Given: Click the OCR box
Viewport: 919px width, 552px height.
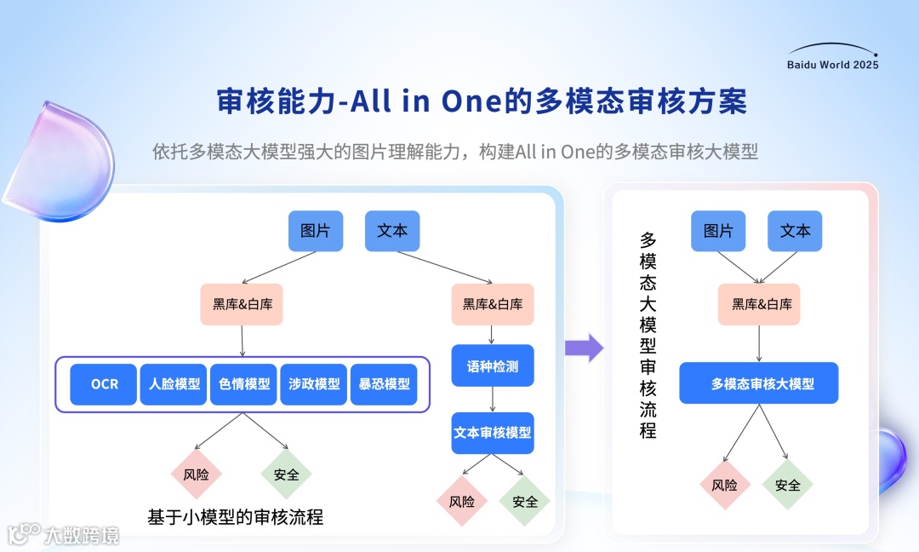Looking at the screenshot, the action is (105, 384).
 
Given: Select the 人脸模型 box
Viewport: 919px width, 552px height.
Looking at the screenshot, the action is (174, 384).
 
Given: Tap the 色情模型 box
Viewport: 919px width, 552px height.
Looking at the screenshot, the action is (244, 384).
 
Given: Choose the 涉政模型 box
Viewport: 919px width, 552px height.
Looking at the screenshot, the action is (314, 384).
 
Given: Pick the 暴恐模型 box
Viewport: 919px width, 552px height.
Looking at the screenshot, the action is (384, 384).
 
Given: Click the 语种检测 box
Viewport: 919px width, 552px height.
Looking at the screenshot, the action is (493, 366).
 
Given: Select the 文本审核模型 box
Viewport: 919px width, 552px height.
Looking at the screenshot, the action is (493, 433).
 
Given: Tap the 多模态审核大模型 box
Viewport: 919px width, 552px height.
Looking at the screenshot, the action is (759, 383).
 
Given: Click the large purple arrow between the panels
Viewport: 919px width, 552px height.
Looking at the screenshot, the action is (584, 347).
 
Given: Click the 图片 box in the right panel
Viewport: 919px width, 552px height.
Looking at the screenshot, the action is (717, 231).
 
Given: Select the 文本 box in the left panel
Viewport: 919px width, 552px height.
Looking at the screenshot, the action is (392, 231).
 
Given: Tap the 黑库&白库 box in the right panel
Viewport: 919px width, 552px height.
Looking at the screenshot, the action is (759, 304).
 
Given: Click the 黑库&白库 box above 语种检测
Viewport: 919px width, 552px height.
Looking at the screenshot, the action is (493, 304).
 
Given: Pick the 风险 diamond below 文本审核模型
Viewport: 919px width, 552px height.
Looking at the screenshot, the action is (461, 502).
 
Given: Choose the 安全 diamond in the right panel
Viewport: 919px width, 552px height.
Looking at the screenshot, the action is (788, 485).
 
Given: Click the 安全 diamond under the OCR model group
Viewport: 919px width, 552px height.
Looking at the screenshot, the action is (287, 474).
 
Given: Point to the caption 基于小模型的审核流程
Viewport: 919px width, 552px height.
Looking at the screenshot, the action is (236, 517).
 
